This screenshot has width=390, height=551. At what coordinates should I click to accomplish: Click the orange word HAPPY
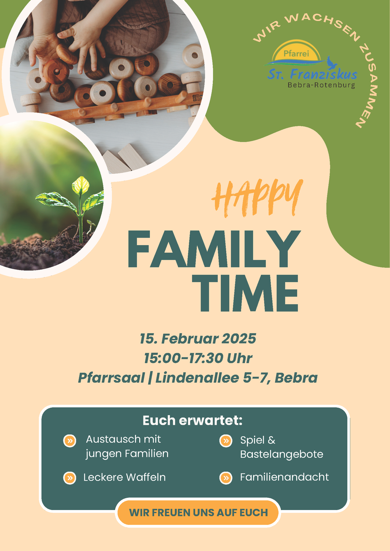pyautogui.click(x=257, y=198)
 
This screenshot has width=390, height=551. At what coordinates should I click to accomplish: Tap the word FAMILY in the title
pyautogui.click(x=214, y=249)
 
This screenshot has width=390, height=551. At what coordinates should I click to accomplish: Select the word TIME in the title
pyautogui.click(x=245, y=293)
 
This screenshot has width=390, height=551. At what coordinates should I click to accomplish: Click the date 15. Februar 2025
pyautogui.click(x=198, y=339)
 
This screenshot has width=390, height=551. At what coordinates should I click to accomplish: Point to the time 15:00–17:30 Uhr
pyautogui.click(x=198, y=358)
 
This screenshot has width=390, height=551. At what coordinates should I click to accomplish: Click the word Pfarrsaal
pyautogui.click(x=111, y=378)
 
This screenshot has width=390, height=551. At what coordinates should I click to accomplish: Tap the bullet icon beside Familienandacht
pyautogui.click(x=226, y=478)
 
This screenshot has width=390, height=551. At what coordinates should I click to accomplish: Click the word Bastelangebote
pyautogui.click(x=282, y=454)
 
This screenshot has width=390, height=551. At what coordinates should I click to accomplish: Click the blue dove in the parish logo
pyautogui.click(x=332, y=62)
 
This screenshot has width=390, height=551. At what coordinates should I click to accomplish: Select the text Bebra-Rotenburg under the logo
pyautogui.click(x=321, y=85)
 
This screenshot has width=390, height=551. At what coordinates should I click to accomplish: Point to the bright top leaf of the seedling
pyautogui.click(x=81, y=185)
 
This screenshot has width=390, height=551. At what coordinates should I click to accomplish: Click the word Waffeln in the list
pyautogui.click(x=146, y=478)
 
